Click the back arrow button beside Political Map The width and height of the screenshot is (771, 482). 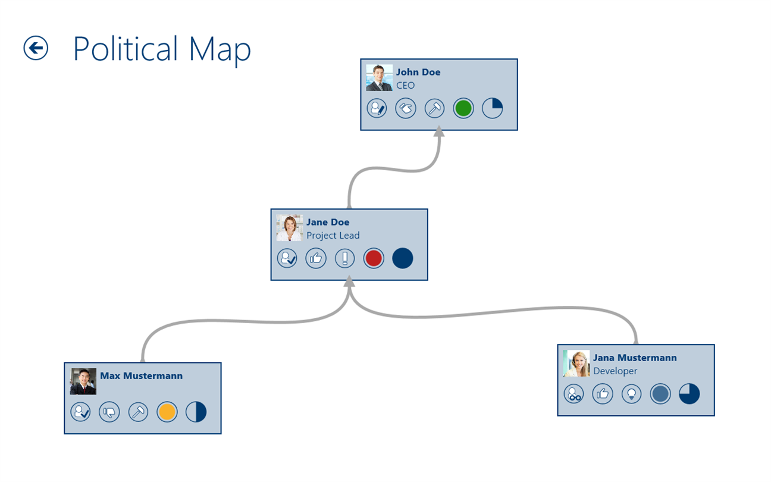[36, 48]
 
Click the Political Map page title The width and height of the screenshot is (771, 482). [162, 49]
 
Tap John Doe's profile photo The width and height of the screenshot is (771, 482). [379, 78]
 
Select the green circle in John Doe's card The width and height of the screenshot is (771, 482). [463, 108]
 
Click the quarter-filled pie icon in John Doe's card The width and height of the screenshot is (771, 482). [493, 108]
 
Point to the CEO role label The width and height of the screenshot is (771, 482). [406, 86]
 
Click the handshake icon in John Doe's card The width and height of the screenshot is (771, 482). [406, 108]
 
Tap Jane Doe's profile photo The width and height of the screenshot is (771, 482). [289, 228]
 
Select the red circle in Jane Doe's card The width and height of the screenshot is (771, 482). [374, 258]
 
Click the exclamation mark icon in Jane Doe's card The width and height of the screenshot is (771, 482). [344, 258]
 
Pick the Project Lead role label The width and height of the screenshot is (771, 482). [333, 236]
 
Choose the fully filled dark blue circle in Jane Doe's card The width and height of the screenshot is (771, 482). [403, 258]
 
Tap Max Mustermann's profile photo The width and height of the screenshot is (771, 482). [83, 381]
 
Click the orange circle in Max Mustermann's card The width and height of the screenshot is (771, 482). [167, 412]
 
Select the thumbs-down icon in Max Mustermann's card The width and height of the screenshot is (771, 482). [109, 412]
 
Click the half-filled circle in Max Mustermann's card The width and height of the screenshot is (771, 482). [196, 412]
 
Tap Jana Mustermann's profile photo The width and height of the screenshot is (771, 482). [576, 364]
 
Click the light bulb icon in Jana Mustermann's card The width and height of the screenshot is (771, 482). [632, 394]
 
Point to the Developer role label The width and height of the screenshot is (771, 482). [615, 371]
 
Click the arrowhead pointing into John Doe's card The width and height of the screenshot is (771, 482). [439, 133]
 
